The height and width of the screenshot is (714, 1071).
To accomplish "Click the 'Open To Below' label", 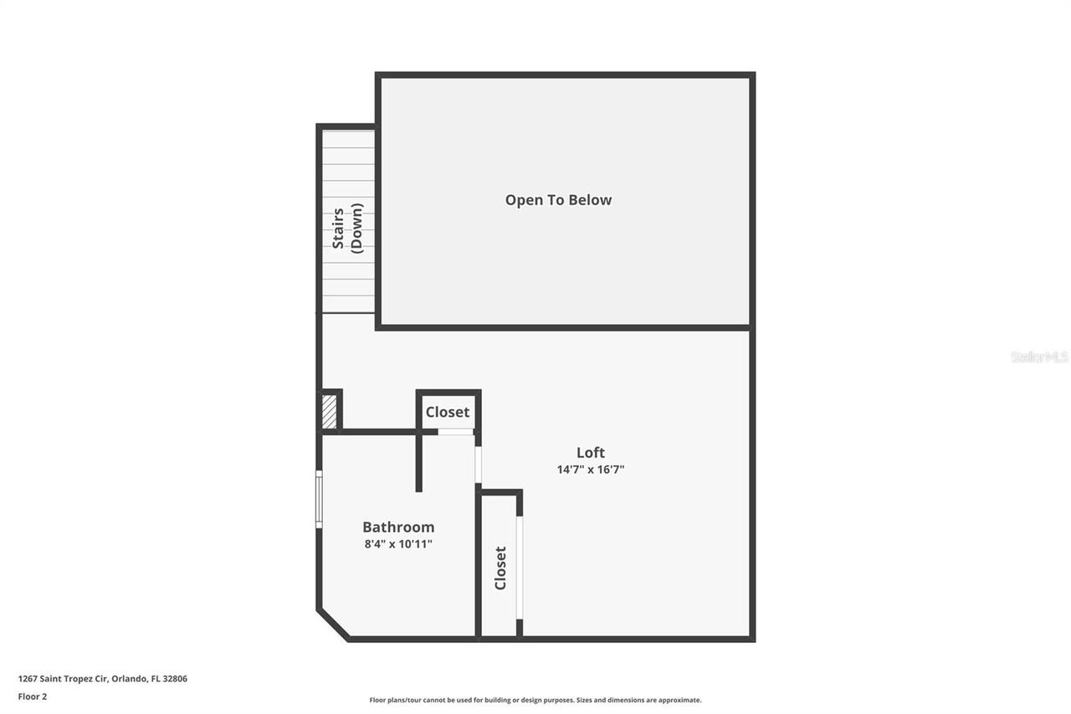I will coord(558,200).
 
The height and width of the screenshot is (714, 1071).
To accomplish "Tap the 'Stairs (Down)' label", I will coord(347,228).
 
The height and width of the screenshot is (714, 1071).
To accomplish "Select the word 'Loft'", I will coord(590,453).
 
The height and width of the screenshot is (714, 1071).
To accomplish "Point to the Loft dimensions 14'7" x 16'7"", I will coord(591,470).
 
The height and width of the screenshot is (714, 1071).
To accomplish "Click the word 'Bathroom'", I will coord(398,527).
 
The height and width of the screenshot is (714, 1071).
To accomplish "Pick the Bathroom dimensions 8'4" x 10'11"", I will coord(398,544).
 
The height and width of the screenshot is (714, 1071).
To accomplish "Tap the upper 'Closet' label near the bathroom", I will coord(448,412).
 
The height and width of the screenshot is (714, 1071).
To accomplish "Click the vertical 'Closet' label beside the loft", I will coord(500,568).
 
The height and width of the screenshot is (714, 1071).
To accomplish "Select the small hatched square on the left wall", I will coord(330,412).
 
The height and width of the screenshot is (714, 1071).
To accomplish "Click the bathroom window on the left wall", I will coord(319,500).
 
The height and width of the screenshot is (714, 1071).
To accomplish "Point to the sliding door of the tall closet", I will coord(519,568).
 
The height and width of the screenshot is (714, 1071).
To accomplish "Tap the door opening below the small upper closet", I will coord(455,432).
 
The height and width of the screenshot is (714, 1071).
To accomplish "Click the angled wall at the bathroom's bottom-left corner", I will coord(332,624).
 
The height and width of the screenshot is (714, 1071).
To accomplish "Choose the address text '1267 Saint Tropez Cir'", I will coord(63,679).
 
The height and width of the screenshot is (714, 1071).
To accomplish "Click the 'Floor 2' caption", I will coord(33,696).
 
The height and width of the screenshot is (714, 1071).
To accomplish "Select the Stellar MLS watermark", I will coord(1039,357).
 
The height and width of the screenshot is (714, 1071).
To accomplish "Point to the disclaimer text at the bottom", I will coord(535,700).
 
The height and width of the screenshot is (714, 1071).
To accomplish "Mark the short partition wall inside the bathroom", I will coord(419,461).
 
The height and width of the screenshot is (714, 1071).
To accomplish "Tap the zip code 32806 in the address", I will coord(176,679).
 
